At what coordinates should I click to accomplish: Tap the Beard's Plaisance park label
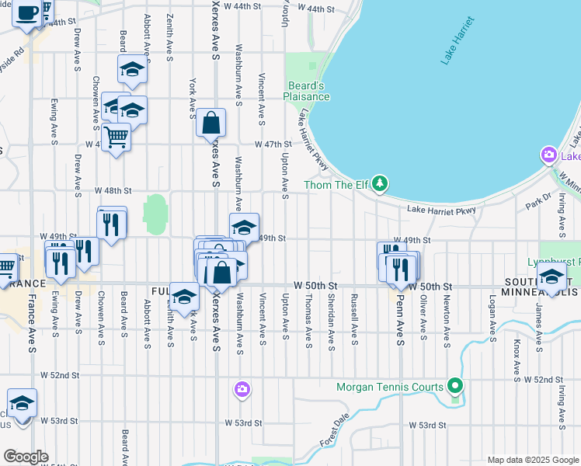(x=307, y=91)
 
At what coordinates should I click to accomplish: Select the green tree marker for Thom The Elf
(x=380, y=183)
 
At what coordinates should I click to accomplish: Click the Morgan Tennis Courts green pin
(x=456, y=385)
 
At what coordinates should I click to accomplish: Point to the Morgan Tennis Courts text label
(x=389, y=387)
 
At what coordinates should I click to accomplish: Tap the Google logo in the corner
(x=26, y=456)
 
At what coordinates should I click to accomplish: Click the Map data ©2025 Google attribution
(x=532, y=459)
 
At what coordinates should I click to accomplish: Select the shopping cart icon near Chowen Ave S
(x=116, y=137)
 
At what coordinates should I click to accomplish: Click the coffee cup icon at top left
(x=27, y=13)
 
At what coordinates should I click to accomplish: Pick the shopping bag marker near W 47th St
(x=210, y=122)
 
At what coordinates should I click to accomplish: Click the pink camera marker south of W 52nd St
(x=242, y=388)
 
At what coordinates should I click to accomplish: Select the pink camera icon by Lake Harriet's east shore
(x=549, y=156)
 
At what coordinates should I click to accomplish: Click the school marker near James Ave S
(x=551, y=277)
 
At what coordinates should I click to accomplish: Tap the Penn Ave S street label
(x=400, y=311)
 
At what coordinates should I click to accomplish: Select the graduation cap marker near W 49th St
(x=244, y=228)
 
